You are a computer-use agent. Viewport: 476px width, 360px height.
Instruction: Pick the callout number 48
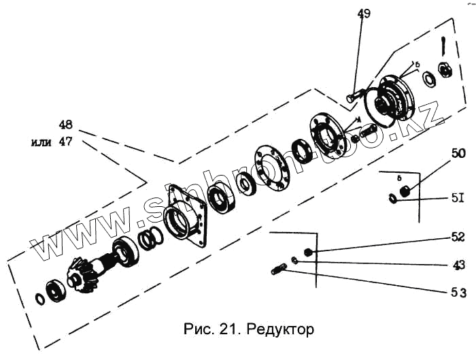(x=66, y=126)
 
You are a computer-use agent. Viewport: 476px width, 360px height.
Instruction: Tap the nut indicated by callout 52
(x=308, y=252)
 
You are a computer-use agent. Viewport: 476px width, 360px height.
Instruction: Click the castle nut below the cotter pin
(x=445, y=69)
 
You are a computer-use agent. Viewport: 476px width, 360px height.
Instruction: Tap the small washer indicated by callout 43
(x=294, y=261)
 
